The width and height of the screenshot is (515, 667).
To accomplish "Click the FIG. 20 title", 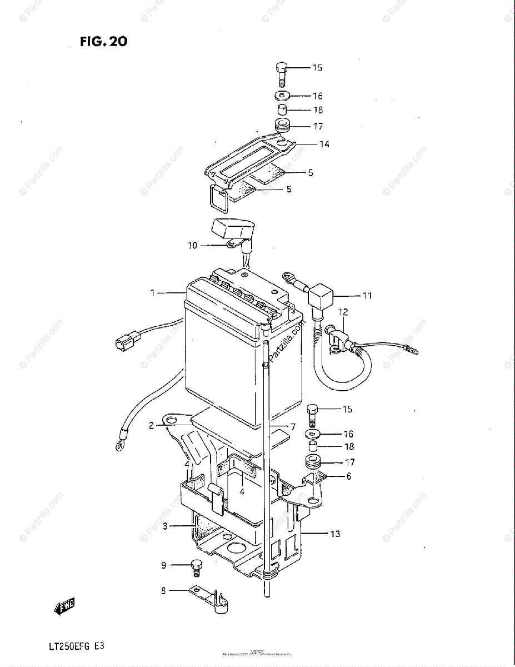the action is (103, 41).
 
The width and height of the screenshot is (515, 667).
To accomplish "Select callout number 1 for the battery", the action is (153, 292).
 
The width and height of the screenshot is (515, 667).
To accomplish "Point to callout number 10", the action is (193, 245).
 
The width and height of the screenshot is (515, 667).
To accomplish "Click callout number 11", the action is (367, 296).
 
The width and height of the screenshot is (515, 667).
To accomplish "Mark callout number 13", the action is (335, 534).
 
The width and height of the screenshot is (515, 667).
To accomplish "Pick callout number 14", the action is (324, 145).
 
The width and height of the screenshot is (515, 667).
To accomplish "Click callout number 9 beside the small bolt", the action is (164, 566).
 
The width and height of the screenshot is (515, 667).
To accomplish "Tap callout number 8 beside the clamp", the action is (164, 591).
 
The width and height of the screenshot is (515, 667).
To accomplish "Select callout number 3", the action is (165, 526).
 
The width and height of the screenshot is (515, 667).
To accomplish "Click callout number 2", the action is (151, 426).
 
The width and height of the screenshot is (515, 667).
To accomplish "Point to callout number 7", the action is (292, 427).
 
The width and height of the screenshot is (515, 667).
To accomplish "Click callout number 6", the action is (349, 476).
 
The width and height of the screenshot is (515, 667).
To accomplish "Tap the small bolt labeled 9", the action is (196, 566).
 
